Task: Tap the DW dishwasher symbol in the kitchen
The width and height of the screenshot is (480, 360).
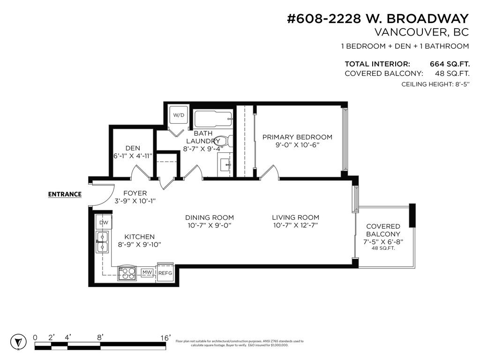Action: pos(103,223)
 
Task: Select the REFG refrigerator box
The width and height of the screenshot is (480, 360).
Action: pos(165,273)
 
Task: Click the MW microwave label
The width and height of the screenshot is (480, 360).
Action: pos(147,272)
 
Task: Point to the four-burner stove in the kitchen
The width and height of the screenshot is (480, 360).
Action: pos(126,272)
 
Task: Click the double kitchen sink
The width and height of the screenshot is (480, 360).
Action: pos(102,242)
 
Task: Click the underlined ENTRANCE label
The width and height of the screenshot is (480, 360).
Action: pos(65,195)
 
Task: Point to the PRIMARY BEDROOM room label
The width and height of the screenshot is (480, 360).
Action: pos(297,137)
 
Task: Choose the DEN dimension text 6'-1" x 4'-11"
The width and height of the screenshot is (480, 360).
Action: pos(133,156)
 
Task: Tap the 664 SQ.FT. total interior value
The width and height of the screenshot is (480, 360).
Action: pos(449,64)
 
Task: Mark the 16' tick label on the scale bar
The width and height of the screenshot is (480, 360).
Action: pos(165,337)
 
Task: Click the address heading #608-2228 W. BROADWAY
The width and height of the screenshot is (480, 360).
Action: pos(377,19)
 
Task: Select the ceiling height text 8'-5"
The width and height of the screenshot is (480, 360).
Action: pos(458,84)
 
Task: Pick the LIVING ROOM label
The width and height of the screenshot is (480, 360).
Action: pos(295,217)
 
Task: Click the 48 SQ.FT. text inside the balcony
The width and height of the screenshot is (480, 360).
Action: pos(383,248)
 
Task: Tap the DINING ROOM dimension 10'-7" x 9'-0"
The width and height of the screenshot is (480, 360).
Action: pos(209,225)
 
